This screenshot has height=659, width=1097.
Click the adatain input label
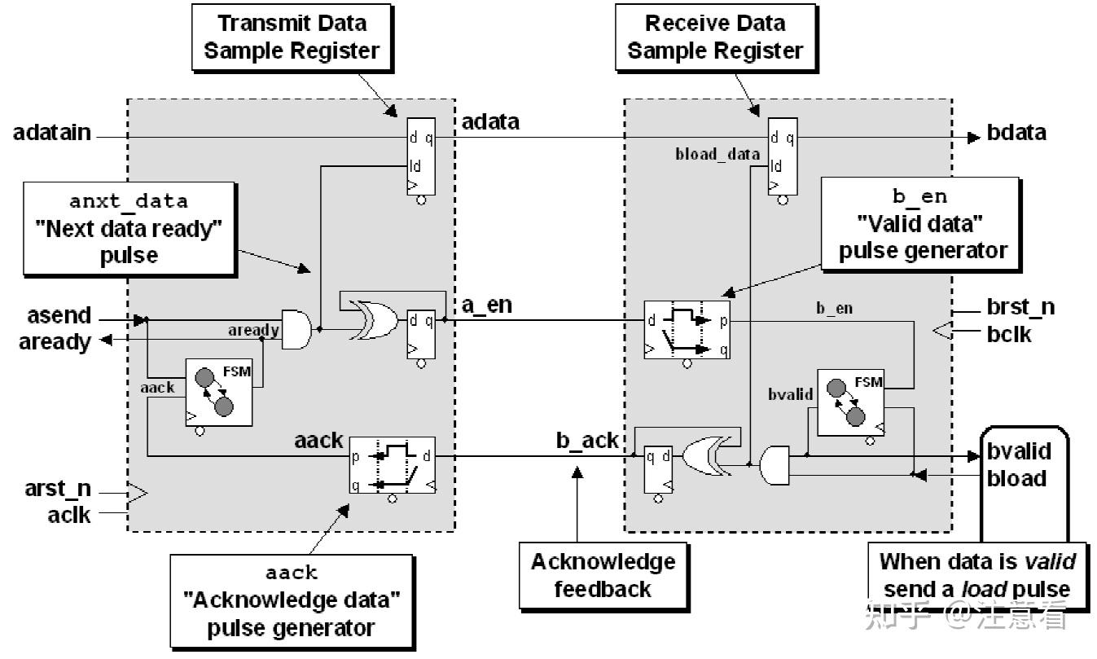(52, 133)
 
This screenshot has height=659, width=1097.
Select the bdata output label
(1016, 133)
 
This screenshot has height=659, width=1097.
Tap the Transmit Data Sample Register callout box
(292, 37)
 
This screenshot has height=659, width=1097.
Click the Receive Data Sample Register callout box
(714, 37)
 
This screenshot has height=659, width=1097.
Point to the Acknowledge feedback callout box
(602, 575)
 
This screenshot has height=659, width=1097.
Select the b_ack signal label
(587, 441)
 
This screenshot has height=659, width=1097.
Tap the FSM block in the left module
(217, 392)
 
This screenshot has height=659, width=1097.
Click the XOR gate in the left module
(371, 320)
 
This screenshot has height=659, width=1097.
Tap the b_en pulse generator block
(686, 330)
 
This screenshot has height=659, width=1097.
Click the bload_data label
(717, 153)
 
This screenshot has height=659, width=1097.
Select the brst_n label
(1020, 307)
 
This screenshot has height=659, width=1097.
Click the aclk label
(71, 515)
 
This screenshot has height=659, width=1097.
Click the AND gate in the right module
(774, 465)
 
